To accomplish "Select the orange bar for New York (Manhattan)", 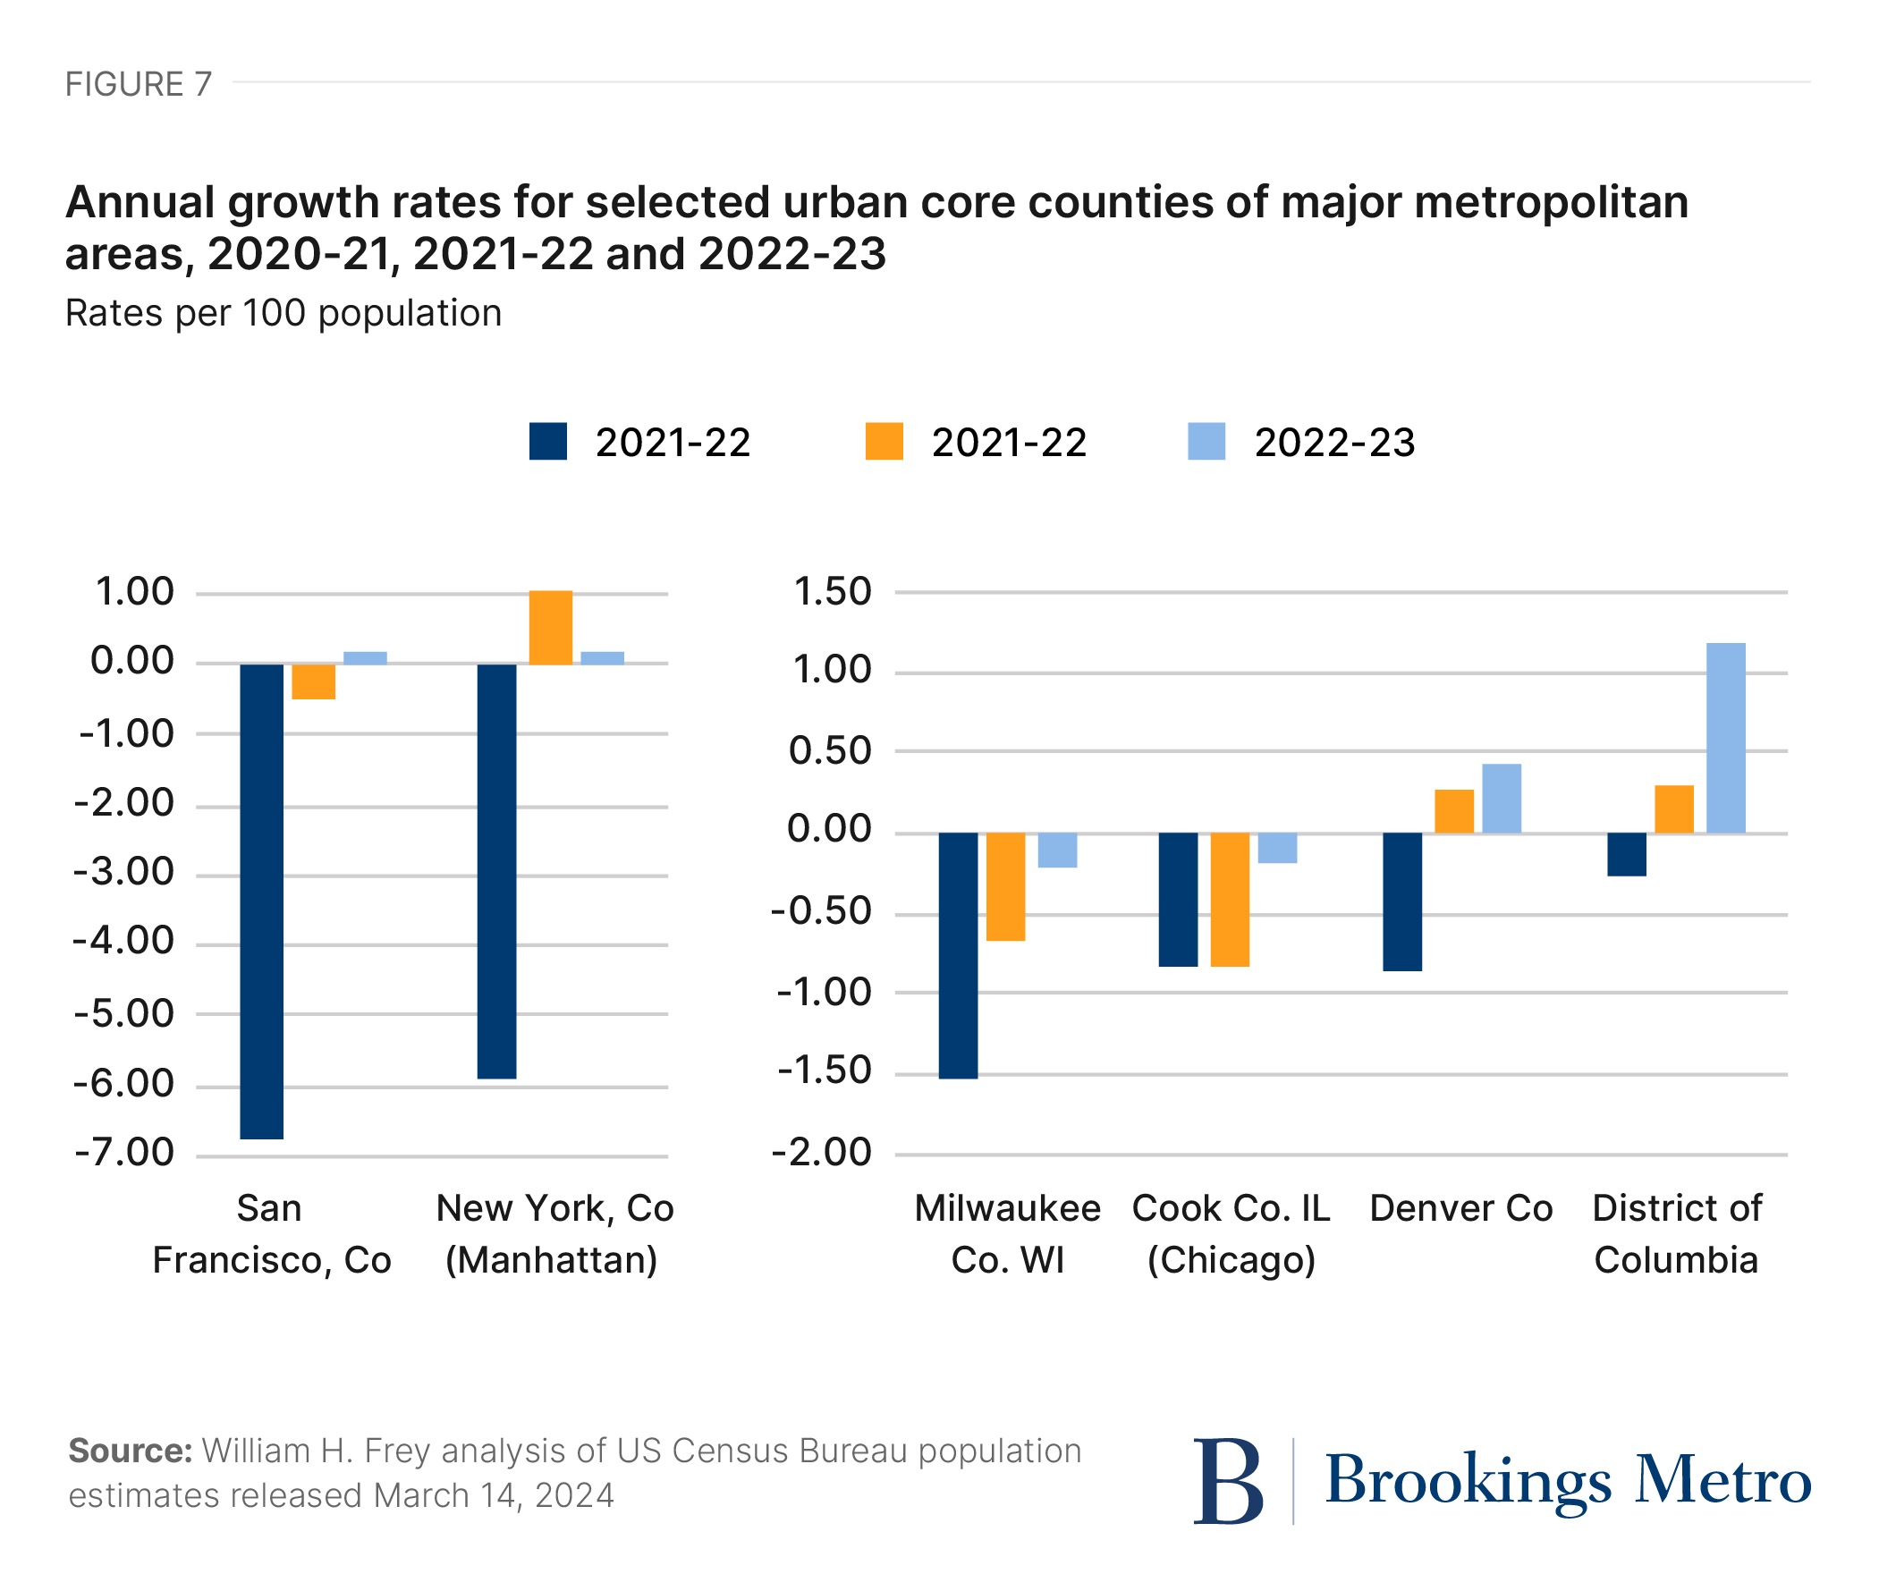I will [x=550, y=628].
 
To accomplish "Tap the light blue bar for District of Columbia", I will [x=1726, y=738].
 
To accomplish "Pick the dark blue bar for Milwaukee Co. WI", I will [x=958, y=955].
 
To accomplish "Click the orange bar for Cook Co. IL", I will [x=1230, y=899].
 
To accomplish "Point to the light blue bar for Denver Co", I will [x=1501, y=799].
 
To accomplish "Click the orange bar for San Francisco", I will [x=313, y=681].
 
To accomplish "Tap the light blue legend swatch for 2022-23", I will [x=1206, y=442].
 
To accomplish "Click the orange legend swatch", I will [x=884, y=442].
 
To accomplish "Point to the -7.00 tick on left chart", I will [x=124, y=1153].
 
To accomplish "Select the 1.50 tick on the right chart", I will [x=832, y=593].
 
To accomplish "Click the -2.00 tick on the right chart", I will [x=822, y=1153].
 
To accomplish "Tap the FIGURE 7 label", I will [x=138, y=84].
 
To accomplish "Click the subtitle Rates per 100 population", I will [x=284, y=313].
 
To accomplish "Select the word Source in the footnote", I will [x=130, y=1451].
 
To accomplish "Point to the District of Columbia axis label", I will [x=1676, y=1233].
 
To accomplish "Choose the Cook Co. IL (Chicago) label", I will [x=1231, y=1233].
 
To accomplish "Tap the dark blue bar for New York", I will [x=497, y=871].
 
